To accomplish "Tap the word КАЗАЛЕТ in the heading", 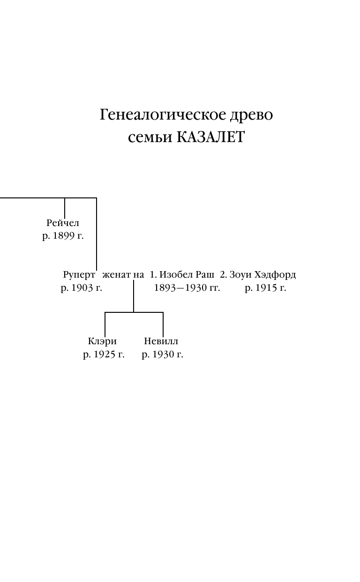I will (210, 138).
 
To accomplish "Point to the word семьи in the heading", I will (150, 138).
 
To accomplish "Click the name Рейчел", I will (63, 223).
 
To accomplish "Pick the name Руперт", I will (79, 275).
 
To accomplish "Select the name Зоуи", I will (241, 275).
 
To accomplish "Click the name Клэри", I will (102, 341).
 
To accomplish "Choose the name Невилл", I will (161, 341).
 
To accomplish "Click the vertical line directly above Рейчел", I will (65, 208).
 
